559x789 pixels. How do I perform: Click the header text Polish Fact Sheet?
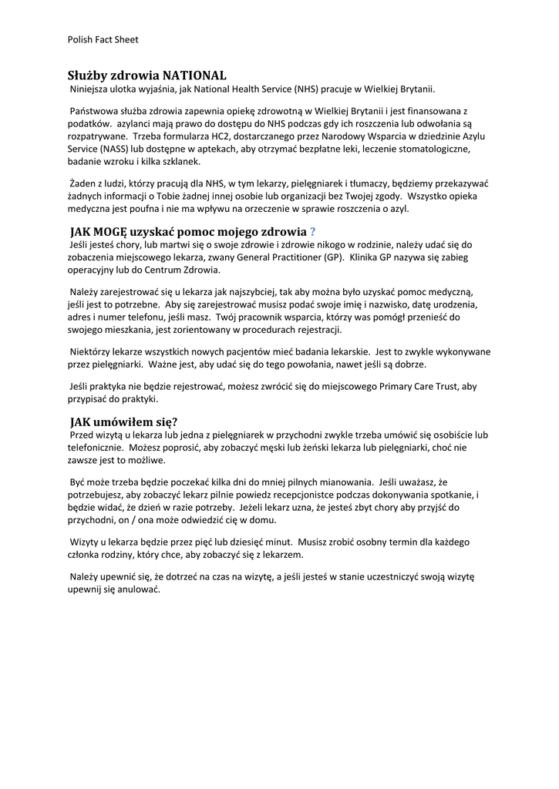(x=103, y=39)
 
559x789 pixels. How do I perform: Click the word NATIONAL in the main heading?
(x=194, y=76)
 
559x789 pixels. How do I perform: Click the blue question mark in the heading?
(x=312, y=232)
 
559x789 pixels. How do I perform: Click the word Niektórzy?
(x=93, y=351)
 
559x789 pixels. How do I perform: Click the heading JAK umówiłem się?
(x=123, y=421)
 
